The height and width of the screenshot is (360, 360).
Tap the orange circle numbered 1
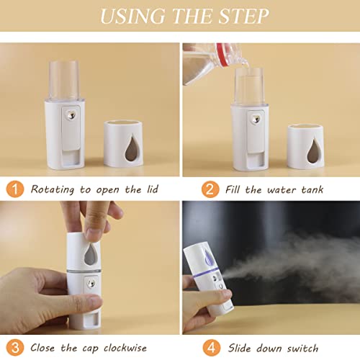pyautogui.click(x=14, y=189)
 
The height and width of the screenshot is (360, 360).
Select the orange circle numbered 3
pyautogui.click(x=14, y=348)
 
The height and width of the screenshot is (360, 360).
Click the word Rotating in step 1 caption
pyautogui.click(x=54, y=189)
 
